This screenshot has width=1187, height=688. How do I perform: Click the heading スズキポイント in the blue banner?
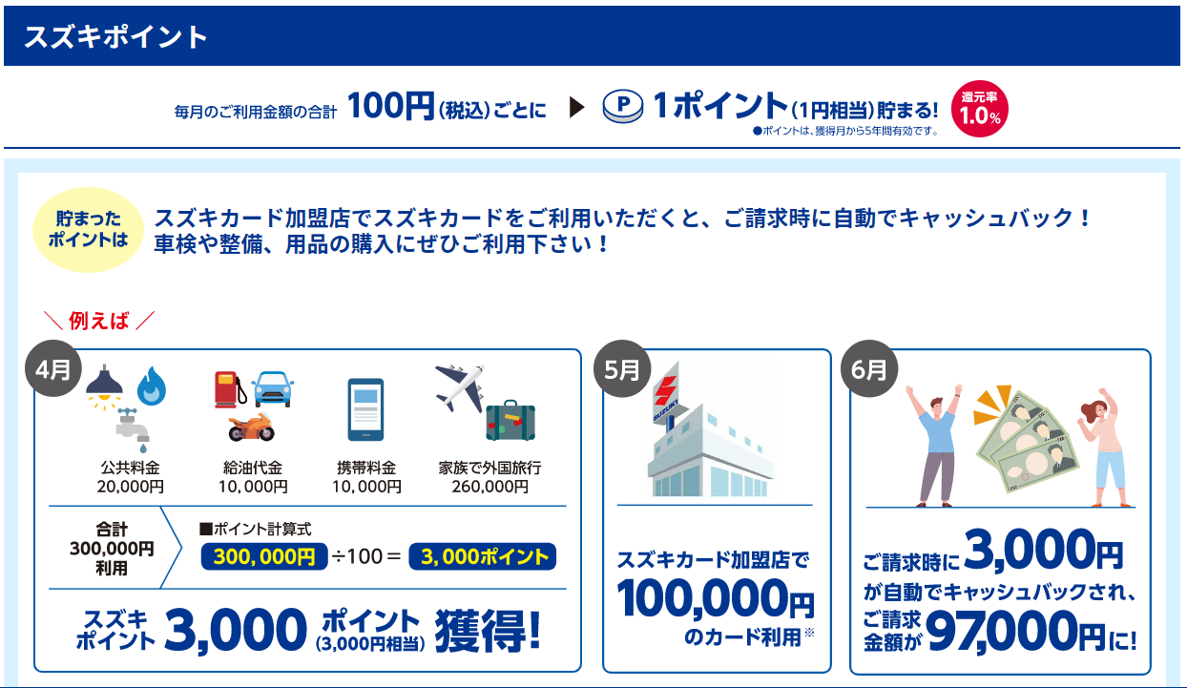pyautogui.click(x=115, y=37)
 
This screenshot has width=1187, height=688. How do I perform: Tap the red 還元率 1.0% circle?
pyautogui.click(x=979, y=109)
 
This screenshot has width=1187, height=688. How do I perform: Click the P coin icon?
pyautogui.click(x=623, y=106)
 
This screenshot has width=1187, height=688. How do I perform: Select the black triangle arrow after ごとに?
pyautogui.click(x=576, y=108)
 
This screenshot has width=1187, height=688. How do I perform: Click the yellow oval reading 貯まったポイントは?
pyautogui.click(x=88, y=230)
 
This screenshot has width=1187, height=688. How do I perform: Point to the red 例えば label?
pyautogui.click(x=99, y=321)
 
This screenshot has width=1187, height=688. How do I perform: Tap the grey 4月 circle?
pyautogui.click(x=53, y=368)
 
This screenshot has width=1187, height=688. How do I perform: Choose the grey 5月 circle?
pyautogui.click(x=622, y=368)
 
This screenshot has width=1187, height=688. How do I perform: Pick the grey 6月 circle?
pyautogui.click(x=869, y=368)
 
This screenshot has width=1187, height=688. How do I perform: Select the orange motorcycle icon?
pyautogui.click(x=251, y=427)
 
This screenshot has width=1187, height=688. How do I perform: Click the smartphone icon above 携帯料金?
pyautogui.click(x=365, y=409)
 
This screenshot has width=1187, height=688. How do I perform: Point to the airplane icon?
pyautogui.click(x=460, y=386)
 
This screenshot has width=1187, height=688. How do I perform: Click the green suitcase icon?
pyautogui.click(x=510, y=421)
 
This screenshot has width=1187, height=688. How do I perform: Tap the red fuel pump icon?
pyautogui.click(x=230, y=389)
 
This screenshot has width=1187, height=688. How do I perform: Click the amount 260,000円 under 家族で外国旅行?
pyautogui.click(x=489, y=487)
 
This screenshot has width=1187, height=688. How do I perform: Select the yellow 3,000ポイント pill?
pyautogui.click(x=483, y=556)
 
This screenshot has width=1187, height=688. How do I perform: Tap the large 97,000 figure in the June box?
pyautogui.click(x=1002, y=632)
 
